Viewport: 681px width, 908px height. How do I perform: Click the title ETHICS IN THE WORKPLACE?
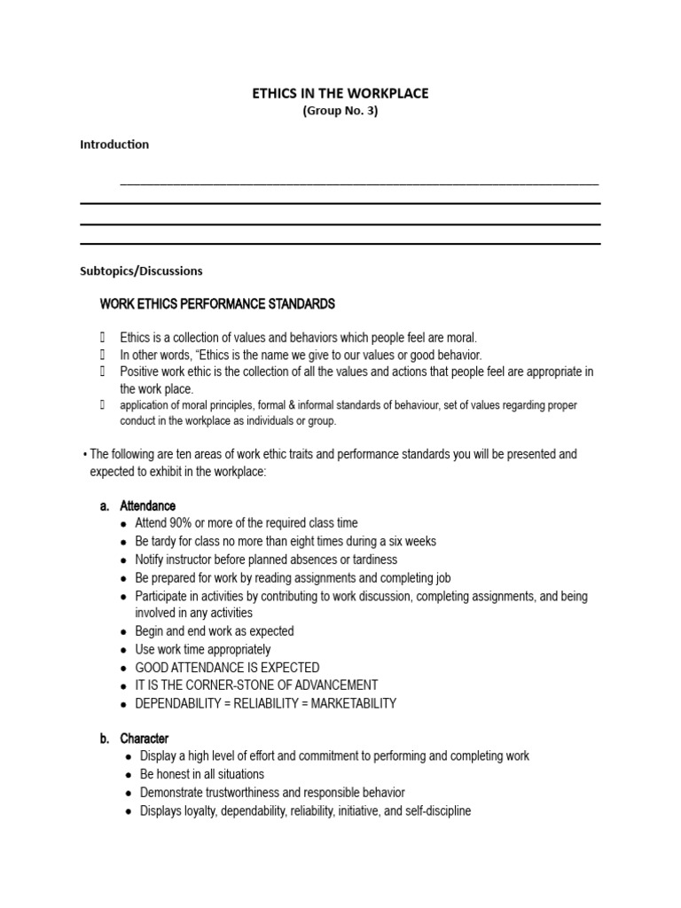click(x=340, y=93)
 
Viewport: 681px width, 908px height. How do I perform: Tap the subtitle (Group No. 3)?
click(x=340, y=111)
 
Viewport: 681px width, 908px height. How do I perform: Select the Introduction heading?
click(x=114, y=144)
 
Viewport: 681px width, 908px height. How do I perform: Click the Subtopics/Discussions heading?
click(x=141, y=270)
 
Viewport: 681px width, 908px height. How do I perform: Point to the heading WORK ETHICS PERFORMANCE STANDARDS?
click(x=217, y=304)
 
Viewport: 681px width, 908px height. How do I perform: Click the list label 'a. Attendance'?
click(x=138, y=505)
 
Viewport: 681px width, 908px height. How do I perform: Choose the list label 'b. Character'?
click(x=135, y=739)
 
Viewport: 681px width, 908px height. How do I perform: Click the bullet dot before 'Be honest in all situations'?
click(x=129, y=775)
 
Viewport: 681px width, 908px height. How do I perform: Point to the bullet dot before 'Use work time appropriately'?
click(x=123, y=650)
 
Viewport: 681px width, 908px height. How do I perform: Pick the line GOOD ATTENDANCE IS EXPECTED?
click(x=227, y=668)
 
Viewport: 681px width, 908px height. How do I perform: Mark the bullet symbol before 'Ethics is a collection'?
click(x=103, y=338)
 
